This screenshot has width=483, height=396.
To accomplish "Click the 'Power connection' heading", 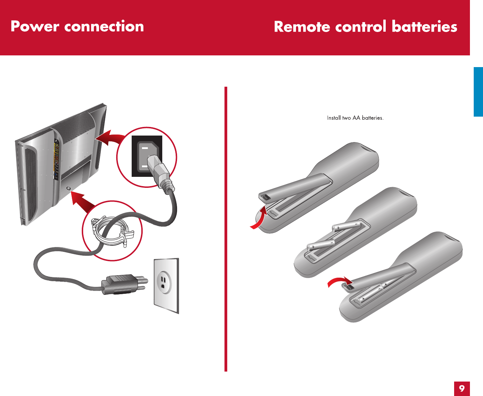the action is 77,26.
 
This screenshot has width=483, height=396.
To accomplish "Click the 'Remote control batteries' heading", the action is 365,27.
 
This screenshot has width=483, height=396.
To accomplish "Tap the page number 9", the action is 462,388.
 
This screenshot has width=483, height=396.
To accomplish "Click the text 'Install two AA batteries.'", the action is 355,118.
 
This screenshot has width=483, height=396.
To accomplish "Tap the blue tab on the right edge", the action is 478,92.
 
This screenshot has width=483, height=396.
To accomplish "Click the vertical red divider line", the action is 226,229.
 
